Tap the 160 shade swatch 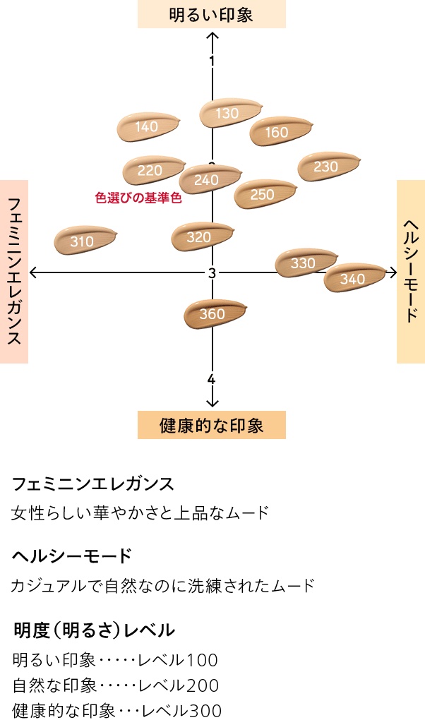tap(280, 131)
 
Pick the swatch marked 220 tap(153, 170)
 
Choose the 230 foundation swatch tap(328, 167)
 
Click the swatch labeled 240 tap(209, 179)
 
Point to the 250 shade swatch tap(264, 194)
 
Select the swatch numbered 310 tap(85, 241)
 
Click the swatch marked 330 tap(306, 263)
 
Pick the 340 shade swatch tap(354, 278)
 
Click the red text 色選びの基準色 tap(138, 198)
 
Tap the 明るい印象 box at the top tap(211, 14)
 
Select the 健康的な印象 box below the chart tap(211, 425)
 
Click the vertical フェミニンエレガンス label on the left tap(14, 271)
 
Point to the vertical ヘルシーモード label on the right tap(410, 271)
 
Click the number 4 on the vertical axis tap(211, 380)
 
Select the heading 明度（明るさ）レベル tap(94, 630)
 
